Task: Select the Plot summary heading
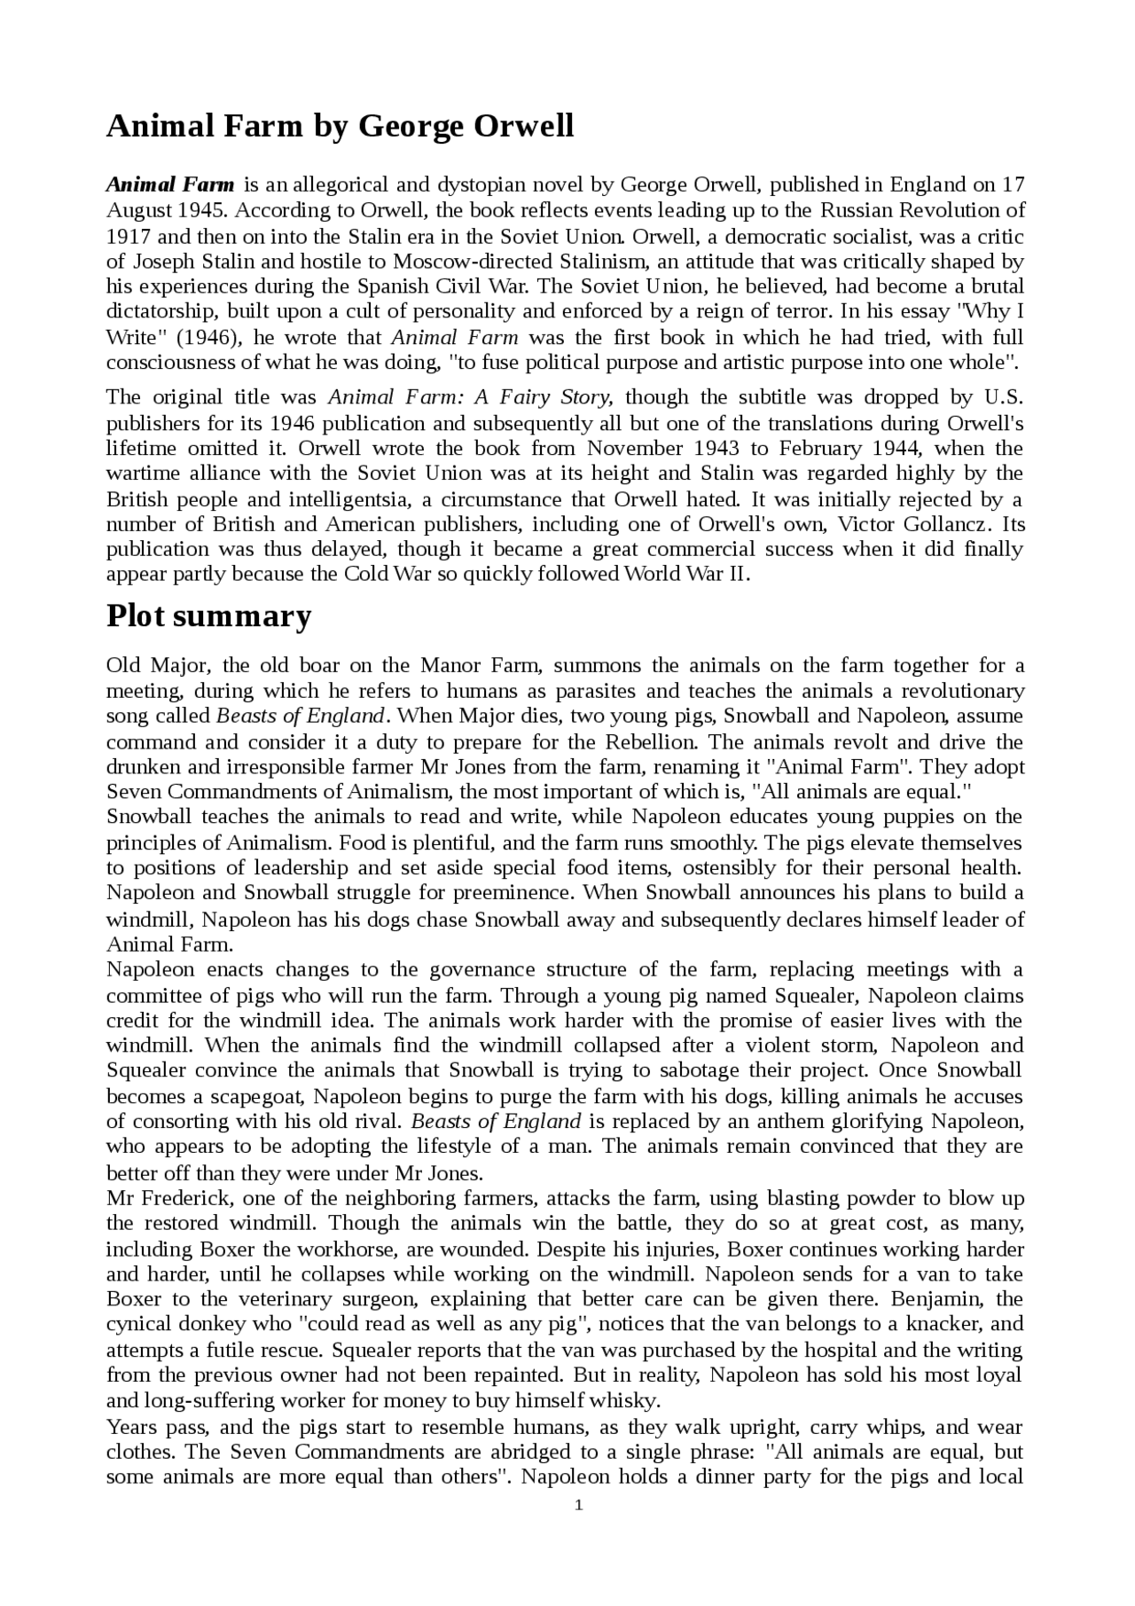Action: pos(208,615)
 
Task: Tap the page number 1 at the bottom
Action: pos(578,1505)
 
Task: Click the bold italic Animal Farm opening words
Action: pos(170,185)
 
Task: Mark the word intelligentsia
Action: pos(333,498)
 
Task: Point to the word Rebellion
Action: pos(649,741)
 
